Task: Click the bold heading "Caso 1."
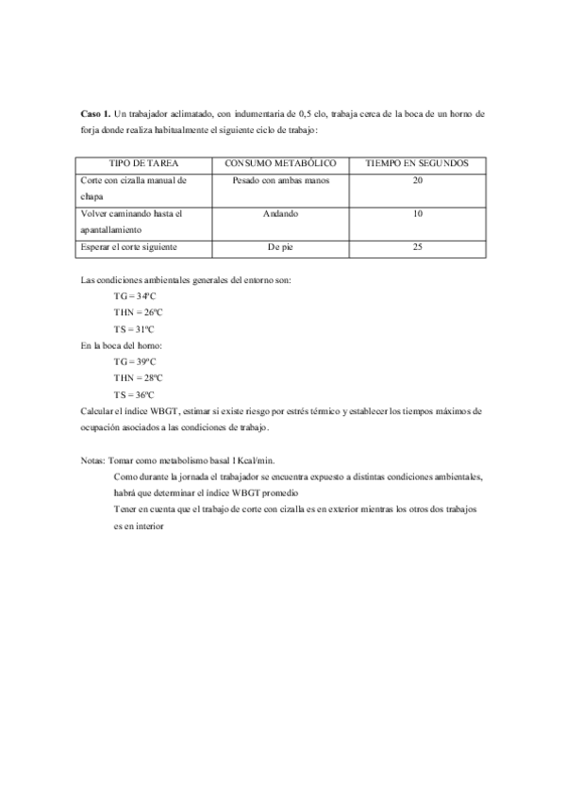[95, 112]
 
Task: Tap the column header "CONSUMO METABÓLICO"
[279, 163]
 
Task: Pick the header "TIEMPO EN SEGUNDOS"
[417, 163]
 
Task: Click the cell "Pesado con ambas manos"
[280, 179]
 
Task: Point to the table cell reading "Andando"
[280, 213]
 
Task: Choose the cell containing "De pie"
[280, 247]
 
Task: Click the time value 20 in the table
[417, 179]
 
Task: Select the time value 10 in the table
[417, 213]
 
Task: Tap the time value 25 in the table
[417, 247]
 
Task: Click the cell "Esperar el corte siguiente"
[130, 247]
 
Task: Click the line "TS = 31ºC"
[134, 329]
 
